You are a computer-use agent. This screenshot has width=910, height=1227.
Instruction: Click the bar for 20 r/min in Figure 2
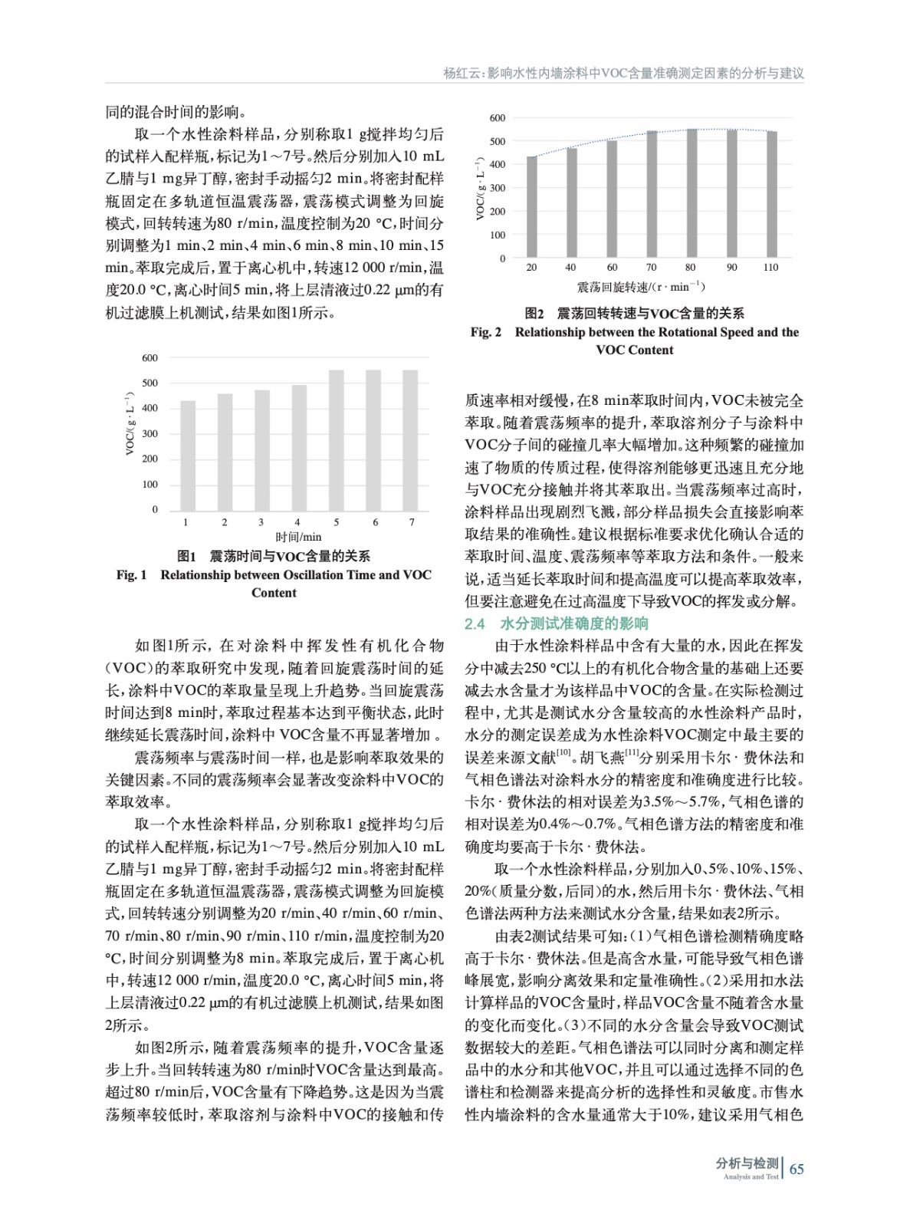(531, 207)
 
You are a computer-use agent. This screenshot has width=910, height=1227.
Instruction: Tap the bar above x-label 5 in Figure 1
(336, 440)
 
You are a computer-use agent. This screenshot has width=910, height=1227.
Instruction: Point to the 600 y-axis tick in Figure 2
(498, 118)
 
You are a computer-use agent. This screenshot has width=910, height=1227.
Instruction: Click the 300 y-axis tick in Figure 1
(149, 434)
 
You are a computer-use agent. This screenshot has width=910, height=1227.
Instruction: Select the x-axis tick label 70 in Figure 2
(651, 268)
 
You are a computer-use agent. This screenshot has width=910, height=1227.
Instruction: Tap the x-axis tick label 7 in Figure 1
(412, 522)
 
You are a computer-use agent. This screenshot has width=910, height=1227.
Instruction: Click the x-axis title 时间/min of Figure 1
(299, 537)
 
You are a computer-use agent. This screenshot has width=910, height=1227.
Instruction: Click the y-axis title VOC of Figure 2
(481, 189)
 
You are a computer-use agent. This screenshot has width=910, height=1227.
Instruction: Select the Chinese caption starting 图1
(274, 556)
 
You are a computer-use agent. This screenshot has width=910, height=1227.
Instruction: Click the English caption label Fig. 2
(486, 332)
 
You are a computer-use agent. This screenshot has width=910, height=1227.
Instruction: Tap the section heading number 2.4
(475, 623)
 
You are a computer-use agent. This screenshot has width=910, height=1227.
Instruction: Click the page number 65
(796, 1169)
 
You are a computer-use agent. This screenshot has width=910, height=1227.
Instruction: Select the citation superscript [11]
(632, 752)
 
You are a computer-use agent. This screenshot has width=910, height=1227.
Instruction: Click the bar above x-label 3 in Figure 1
(261, 450)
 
